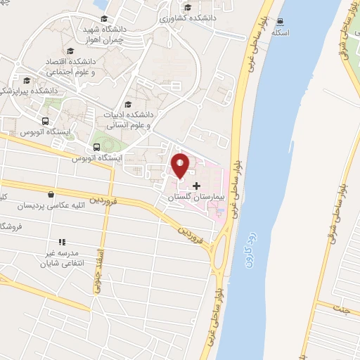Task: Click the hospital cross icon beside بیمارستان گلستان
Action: [195, 185]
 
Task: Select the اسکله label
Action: [281, 34]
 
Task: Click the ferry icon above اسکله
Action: [281, 22]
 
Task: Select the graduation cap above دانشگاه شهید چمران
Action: [104, 19]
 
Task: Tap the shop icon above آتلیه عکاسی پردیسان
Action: [50, 194]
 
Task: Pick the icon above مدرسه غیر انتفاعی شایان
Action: [60, 240]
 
